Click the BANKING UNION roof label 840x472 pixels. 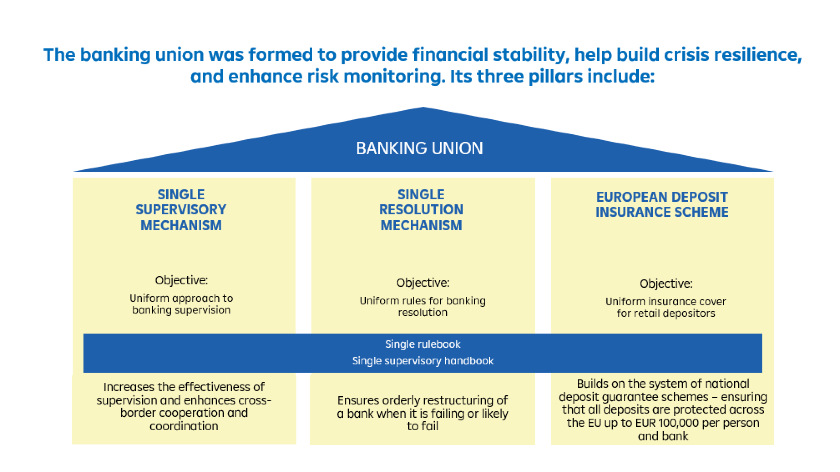(x=419, y=149)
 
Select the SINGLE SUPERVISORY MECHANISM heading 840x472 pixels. (x=181, y=210)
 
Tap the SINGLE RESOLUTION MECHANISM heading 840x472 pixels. (x=421, y=210)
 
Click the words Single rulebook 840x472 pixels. (x=423, y=344)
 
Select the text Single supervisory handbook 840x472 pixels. (x=423, y=361)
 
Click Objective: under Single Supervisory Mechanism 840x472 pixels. (x=181, y=280)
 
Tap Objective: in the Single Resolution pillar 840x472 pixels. (x=423, y=283)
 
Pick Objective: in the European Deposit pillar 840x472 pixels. (x=666, y=283)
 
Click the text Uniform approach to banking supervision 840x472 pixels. (x=181, y=304)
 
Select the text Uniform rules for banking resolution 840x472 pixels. (x=423, y=307)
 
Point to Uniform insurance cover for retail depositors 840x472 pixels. (x=666, y=307)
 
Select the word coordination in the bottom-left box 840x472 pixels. (x=184, y=426)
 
